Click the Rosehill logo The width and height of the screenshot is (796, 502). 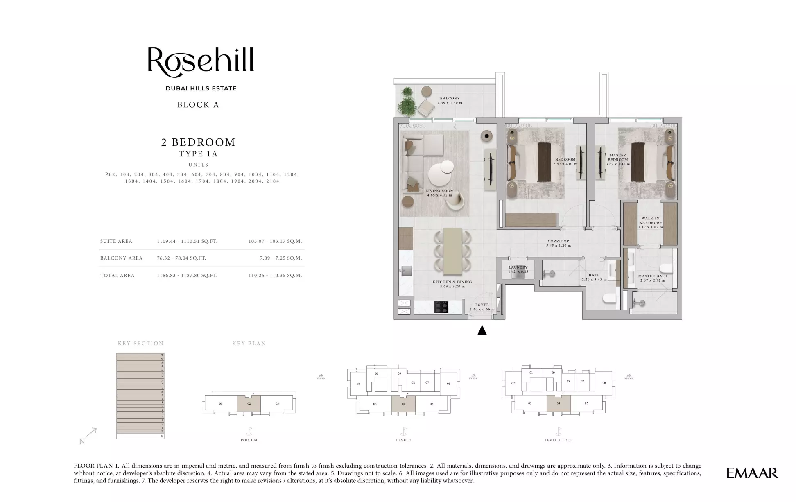click(201, 62)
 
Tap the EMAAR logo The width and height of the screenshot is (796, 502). click(752, 473)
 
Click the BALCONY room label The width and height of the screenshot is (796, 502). click(450, 98)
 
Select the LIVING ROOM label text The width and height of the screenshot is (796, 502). click(439, 191)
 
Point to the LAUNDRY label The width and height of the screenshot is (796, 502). click(518, 267)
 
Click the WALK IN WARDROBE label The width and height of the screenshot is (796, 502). click(650, 221)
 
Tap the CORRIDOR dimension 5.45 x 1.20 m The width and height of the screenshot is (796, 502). click(558, 246)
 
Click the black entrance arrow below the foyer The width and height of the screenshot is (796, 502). click(482, 330)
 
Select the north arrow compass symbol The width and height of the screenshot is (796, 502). click(88, 436)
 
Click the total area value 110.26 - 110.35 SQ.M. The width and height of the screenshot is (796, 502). click(275, 276)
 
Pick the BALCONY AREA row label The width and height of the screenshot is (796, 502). click(121, 258)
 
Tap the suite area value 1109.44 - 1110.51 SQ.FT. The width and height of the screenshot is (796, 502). click(187, 241)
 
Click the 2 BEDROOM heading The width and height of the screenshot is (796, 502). click(198, 142)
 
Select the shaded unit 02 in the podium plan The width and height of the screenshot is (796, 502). click(249, 404)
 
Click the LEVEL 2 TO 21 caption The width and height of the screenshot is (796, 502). click(558, 440)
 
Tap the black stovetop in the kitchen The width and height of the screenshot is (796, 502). click(441, 307)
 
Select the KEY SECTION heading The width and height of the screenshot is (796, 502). click(140, 344)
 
